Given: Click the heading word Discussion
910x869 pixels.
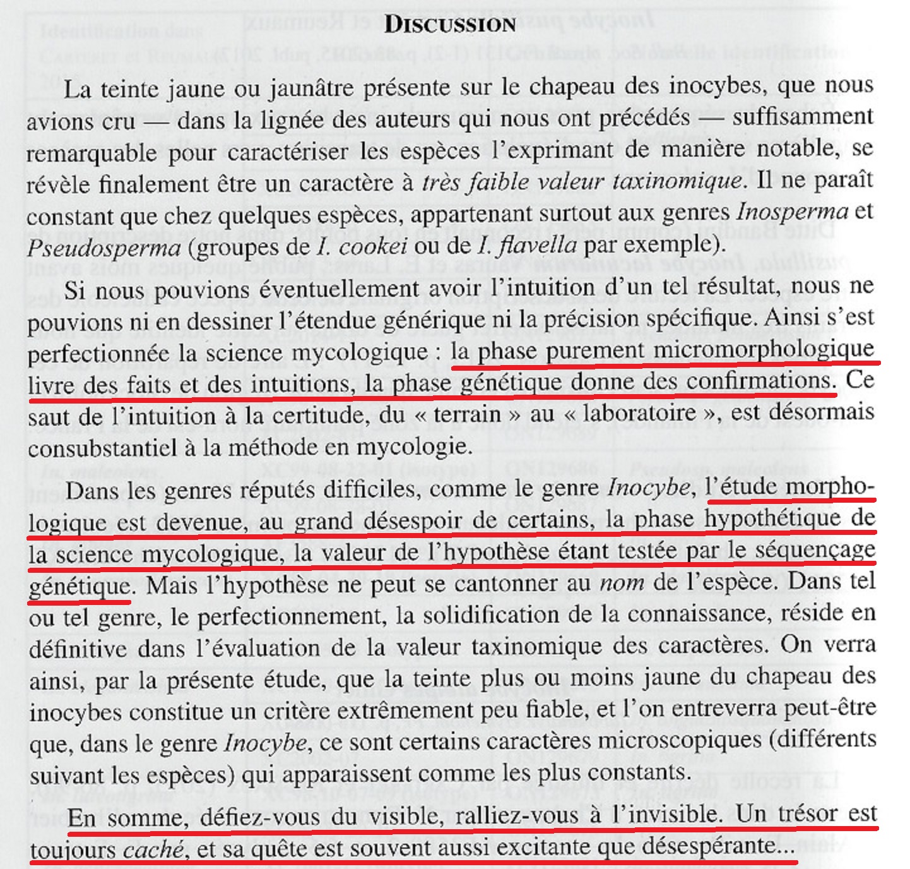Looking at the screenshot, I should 450,25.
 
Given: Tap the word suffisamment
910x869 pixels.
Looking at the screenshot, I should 803,117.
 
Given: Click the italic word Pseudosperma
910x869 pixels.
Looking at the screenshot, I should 103,247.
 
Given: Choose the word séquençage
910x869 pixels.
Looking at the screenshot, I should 815,550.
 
